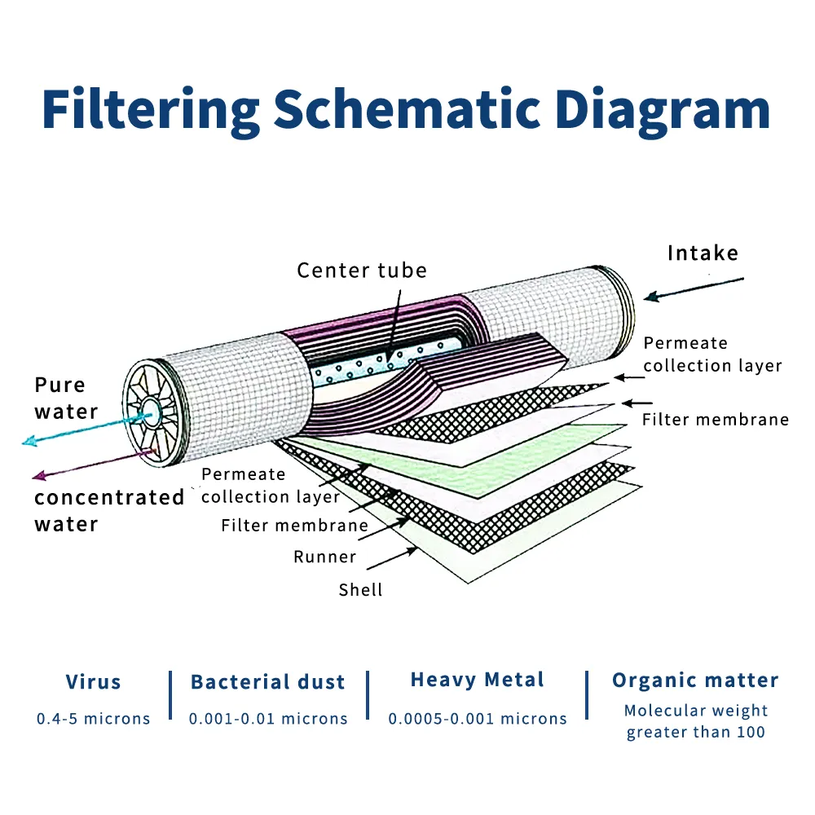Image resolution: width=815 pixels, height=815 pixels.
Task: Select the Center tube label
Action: coord(362,270)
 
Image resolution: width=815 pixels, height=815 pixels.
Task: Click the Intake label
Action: coord(703,253)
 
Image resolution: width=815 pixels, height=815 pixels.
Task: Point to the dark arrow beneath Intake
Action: coord(693,289)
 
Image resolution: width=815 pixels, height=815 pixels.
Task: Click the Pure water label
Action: coord(65,398)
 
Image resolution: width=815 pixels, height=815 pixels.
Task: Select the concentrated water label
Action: coord(109,510)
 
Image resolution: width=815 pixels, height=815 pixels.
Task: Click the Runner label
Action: coord(325,557)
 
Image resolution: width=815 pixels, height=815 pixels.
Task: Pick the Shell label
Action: coord(360,588)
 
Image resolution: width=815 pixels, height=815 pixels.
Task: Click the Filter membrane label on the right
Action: coord(716,420)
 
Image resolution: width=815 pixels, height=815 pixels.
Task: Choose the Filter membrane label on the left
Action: coord(294,526)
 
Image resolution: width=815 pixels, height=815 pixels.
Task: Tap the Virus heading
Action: coord(93,682)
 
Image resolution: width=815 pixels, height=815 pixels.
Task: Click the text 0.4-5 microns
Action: coord(94,719)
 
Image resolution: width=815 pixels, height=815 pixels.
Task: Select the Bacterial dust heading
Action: coord(267,682)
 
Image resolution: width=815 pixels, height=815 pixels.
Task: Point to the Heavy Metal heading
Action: coord(477,680)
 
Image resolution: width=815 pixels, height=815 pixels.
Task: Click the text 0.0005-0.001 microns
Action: coord(477,719)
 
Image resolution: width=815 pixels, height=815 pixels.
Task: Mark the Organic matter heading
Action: coord(695,681)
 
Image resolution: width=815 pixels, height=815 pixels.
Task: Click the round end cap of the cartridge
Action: coord(150,412)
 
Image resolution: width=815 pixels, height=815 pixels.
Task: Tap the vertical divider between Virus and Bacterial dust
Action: coord(171,695)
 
